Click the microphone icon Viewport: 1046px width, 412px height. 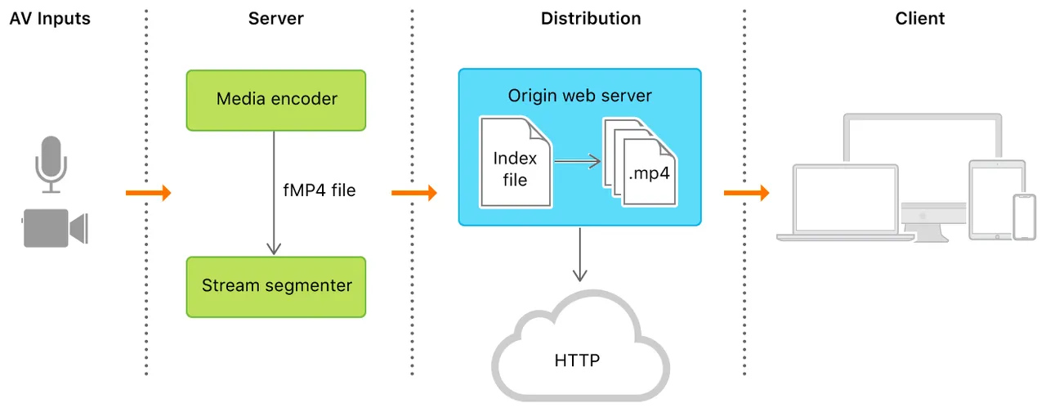click(51, 164)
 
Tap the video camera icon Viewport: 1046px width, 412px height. click(55, 228)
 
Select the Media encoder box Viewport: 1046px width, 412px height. click(276, 100)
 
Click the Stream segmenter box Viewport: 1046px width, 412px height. click(276, 287)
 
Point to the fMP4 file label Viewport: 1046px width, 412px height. click(320, 190)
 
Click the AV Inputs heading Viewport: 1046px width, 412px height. click(50, 18)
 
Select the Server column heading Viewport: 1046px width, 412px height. click(276, 18)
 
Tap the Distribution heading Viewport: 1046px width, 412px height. click(591, 18)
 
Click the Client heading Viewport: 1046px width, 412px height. click(920, 18)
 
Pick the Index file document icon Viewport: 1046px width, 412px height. click(516, 162)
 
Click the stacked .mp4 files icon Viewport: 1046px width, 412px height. click(640, 162)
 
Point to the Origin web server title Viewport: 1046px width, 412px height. click(579, 96)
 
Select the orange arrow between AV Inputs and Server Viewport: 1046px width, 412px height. click(149, 192)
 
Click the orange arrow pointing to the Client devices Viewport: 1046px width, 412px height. click(746, 192)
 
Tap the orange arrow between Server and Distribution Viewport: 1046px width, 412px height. click(414, 192)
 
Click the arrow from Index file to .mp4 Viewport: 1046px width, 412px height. click(578, 161)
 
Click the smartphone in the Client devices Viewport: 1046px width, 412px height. click(1025, 217)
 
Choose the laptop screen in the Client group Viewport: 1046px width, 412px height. click(845, 199)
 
